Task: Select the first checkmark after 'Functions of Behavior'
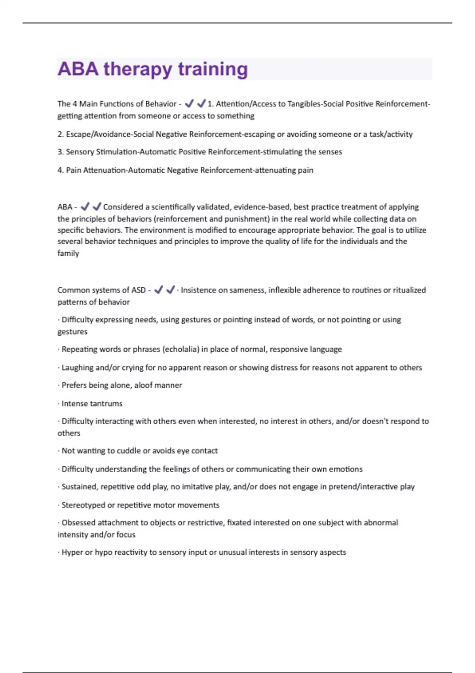pyautogui.click(x=189, y=103)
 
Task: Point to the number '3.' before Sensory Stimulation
pyautogui.click(x=61, y=152)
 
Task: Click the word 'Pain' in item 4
pyautogui.click(x=74, y=170)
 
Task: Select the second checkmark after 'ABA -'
pyautogui.click(x=97, y=207)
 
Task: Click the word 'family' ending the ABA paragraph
pyautogui.click(x=68, y=253)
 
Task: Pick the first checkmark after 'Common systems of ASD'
pyautogui.click(x=158, y=290)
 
